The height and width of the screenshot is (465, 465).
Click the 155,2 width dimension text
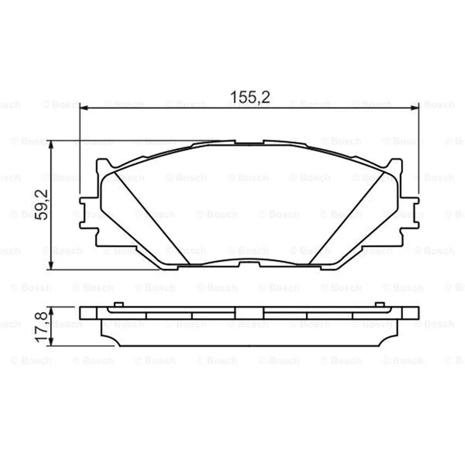click(x=250, y=97)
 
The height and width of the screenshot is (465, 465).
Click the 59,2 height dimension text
click(x=41, y=205)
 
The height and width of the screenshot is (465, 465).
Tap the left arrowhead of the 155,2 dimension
click(x=84, y=108)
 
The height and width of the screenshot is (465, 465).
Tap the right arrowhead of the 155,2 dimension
click(x=414, y=108)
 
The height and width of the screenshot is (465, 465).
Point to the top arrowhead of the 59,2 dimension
click(x=51, y=145)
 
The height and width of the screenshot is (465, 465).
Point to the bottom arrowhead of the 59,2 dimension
click(x=51, y=266)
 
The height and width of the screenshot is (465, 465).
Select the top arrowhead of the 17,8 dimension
click(x=51, y=311)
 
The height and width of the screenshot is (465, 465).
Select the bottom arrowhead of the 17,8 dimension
click(x=51, y=342)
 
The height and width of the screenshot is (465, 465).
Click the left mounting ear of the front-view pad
click(x=89, y=213)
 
